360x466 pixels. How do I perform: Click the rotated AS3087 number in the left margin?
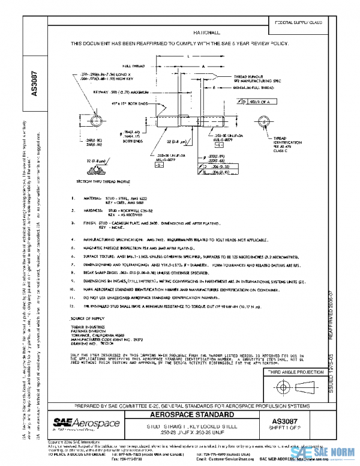point(34,84)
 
